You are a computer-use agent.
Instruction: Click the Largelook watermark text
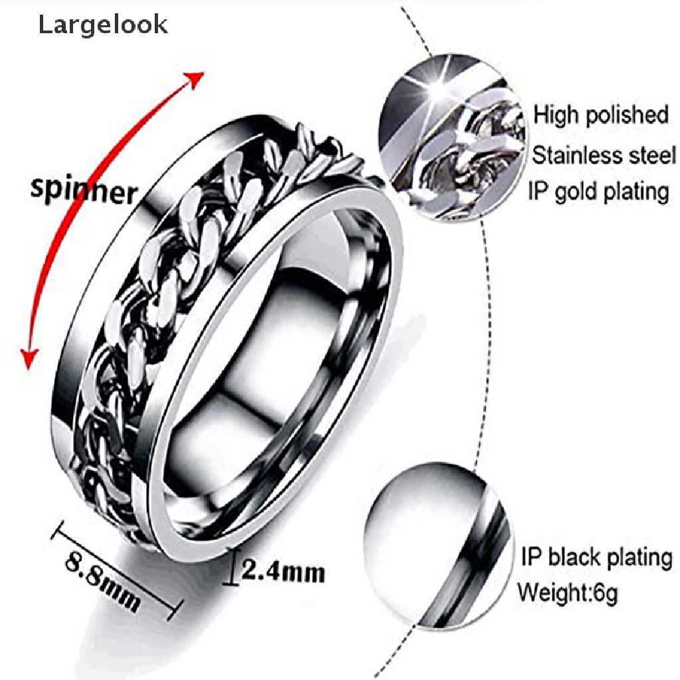pyautogui.click(x=103, y=25)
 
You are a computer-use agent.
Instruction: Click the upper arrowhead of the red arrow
pyautogui.click(x=194, y=80)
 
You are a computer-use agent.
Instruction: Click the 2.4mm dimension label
pyautogui.click(x=282, y=571)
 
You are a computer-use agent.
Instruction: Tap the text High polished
pyautogui.click(x=600, y=116)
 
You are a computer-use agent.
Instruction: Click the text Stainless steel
pyautogui.click(x=604, y=155)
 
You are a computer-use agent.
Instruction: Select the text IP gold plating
pyautogui.click(x=598, y=192)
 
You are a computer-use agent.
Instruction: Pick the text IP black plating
pyautogui.click(x=597, y=557)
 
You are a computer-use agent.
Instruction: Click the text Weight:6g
pyautogui.click(x=567, y=592)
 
